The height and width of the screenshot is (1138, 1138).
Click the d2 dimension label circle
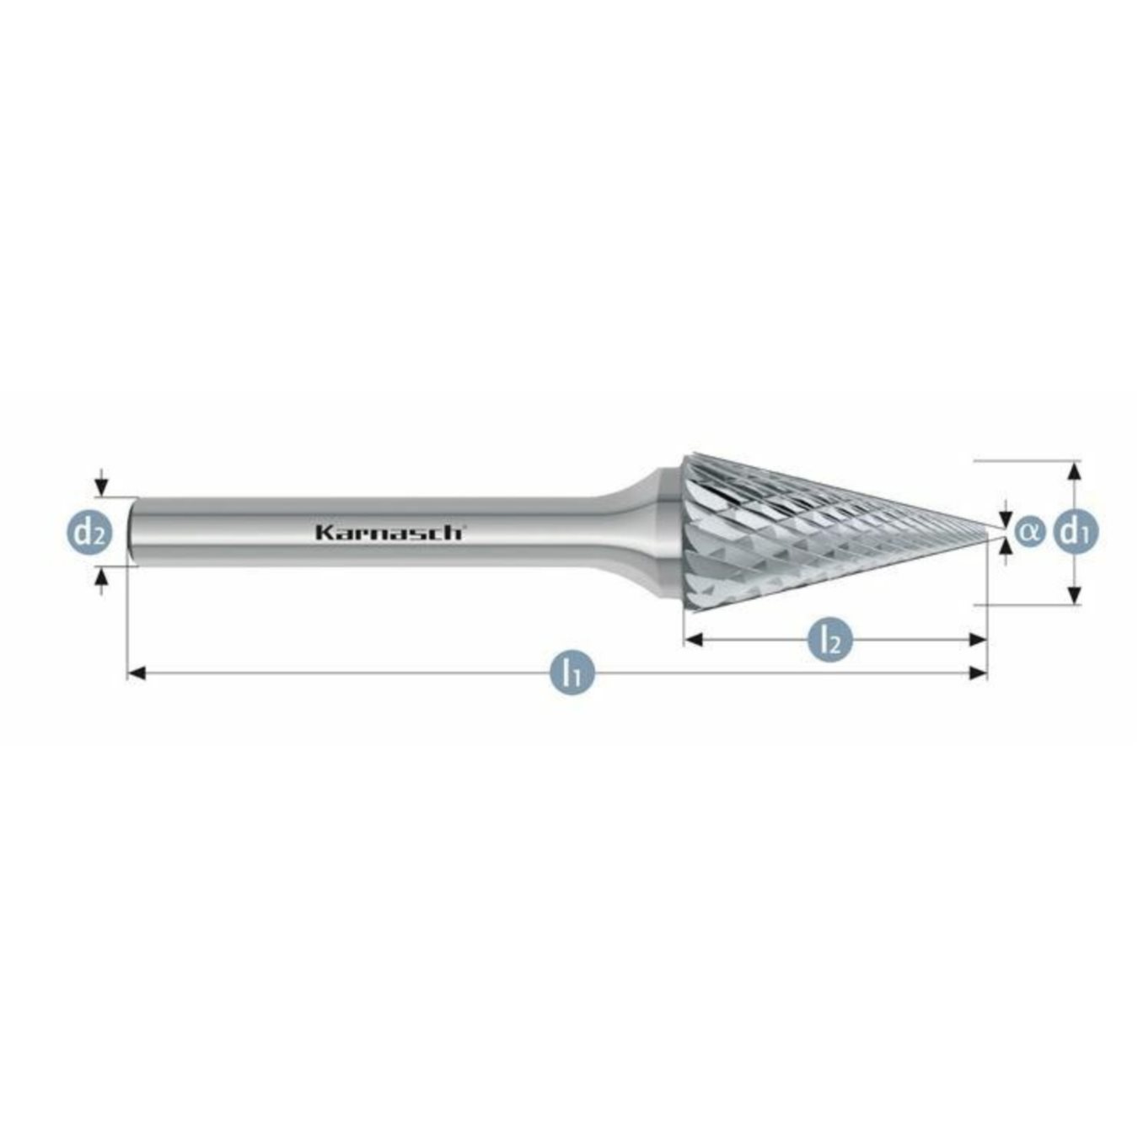89,532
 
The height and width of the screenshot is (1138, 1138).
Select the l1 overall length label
573,673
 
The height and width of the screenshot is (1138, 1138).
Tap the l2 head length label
830,640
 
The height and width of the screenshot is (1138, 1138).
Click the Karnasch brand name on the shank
389,532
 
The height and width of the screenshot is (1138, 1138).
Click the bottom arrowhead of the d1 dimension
1074,595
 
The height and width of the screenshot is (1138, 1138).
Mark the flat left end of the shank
132,532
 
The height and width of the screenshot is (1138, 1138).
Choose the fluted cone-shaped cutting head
801,532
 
